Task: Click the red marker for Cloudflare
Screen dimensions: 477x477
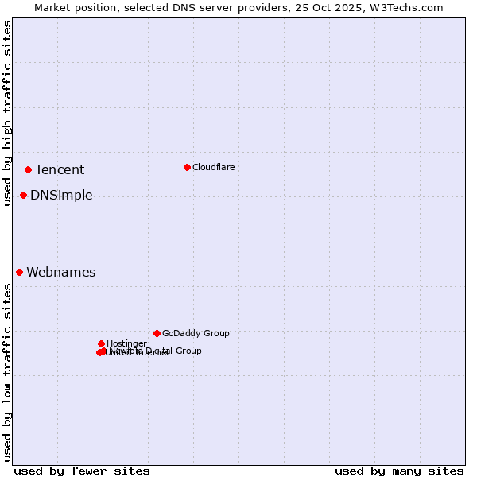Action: click(187, 167)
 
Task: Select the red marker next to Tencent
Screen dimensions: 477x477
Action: click(28, 169)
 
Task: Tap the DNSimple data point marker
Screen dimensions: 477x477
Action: click(23, 195)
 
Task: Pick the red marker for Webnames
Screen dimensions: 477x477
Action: click(19, 272)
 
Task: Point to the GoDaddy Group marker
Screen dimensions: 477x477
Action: click(157, 333)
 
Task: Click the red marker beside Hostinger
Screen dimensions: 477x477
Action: click(101, 343)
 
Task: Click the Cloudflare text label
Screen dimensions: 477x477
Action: click(213, 167)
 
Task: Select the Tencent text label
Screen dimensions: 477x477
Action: click(60, 169)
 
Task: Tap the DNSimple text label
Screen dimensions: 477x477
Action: click(61, 195)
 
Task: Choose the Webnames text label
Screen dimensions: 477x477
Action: click(61, 272)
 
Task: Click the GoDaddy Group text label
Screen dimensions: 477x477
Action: click(196, 333)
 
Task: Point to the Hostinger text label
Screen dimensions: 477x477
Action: click(126, 343)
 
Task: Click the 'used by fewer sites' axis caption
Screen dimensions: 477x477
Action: click(82, 471)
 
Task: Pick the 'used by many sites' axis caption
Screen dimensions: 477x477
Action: click(399, 471)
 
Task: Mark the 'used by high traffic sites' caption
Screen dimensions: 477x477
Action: click(7, 113)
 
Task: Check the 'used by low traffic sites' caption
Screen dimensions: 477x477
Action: click(7, 372)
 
